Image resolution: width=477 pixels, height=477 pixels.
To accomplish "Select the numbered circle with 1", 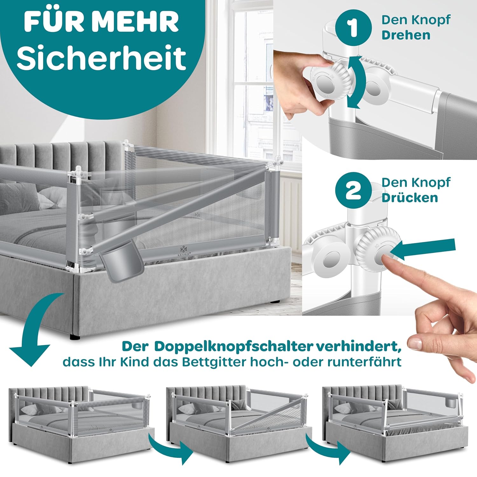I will click(353, 28).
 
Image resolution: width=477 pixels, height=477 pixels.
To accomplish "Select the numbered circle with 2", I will click(353, 190).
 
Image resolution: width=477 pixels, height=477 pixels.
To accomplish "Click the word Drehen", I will click(406, 35).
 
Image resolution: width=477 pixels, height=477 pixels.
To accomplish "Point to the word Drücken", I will click(410, 197).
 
